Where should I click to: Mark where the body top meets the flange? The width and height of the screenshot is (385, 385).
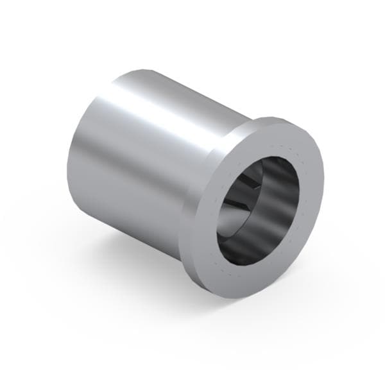click(x=247, y=119)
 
